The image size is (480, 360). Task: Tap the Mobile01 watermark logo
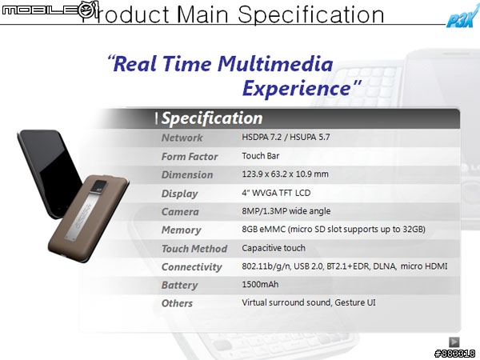click(50, 10)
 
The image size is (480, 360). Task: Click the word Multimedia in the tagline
click(275, 64)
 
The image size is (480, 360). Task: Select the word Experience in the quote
click(297, 88)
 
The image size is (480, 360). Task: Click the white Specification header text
click(212, 118)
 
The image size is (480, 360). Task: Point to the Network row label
click(182, 138)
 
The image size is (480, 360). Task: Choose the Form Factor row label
click(190, 157)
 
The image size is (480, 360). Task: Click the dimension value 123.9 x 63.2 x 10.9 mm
click(285, 174)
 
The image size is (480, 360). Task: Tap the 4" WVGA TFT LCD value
click(276, 193)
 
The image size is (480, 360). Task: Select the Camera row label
click(180, 212)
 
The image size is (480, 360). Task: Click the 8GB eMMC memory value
click(334, 230)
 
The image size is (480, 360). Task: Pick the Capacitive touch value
click(274, 248)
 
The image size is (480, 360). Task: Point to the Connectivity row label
click(192, 267)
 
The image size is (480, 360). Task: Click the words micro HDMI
click(424, 266)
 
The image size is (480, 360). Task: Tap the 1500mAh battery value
click(260, 284)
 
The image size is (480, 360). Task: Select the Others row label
click(177, 303)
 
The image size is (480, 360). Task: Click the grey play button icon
click(454, 342)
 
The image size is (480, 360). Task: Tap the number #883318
click(455, 354)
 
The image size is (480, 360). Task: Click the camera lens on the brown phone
click(100, 186)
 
